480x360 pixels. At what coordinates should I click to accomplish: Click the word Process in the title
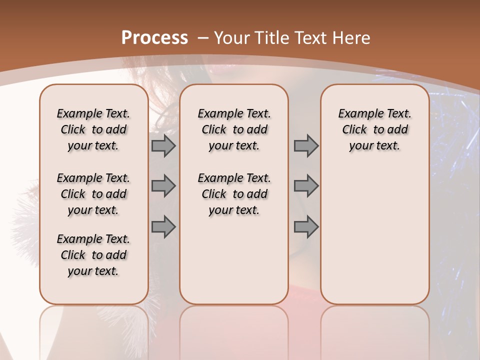point(154,38)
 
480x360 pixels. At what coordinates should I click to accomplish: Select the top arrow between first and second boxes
point(163,146)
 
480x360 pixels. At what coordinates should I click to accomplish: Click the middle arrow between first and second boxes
point(163,186)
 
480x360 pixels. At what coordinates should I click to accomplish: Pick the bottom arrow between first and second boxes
point(163,227)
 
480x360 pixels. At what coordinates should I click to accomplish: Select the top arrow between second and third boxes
point(306,146)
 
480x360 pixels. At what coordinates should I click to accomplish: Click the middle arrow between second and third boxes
point(306,186)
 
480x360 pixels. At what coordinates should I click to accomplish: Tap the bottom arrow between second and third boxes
point(306,227)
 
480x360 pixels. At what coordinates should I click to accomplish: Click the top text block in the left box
point(93,129)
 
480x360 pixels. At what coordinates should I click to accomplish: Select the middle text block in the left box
point(93,194)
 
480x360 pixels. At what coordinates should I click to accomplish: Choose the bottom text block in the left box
point(93,255)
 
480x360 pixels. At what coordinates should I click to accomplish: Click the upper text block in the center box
point(234,129)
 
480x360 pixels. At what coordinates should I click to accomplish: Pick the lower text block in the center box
point(234,194)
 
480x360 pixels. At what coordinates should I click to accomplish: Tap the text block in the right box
point(374,129)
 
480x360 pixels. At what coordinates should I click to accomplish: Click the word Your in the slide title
point(233,38)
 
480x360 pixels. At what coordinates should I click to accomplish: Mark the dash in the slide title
point(203,38)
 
